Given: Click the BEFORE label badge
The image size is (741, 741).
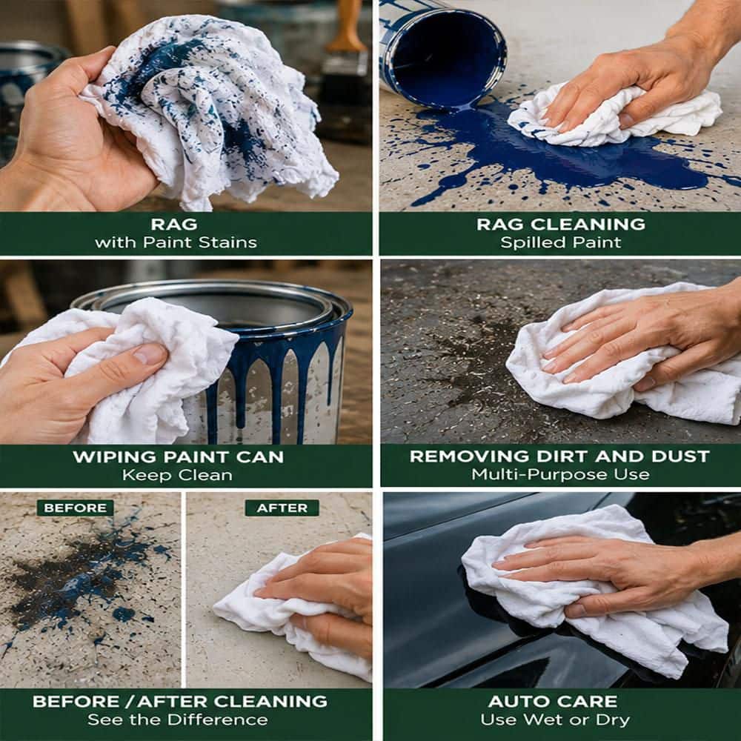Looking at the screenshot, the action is (75, 508).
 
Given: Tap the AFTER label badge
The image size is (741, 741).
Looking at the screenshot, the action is (282, 508).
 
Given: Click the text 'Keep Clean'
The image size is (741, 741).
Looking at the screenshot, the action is (177, 475).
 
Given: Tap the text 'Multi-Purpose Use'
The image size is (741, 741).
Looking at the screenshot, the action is (560, 474).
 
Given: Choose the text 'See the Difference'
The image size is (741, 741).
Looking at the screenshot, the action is (178, 720).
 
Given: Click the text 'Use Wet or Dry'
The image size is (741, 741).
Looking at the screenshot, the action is (555, 720).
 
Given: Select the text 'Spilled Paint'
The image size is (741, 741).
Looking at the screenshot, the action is (560, 242).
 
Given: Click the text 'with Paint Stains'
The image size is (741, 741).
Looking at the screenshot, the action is (176, 242).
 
